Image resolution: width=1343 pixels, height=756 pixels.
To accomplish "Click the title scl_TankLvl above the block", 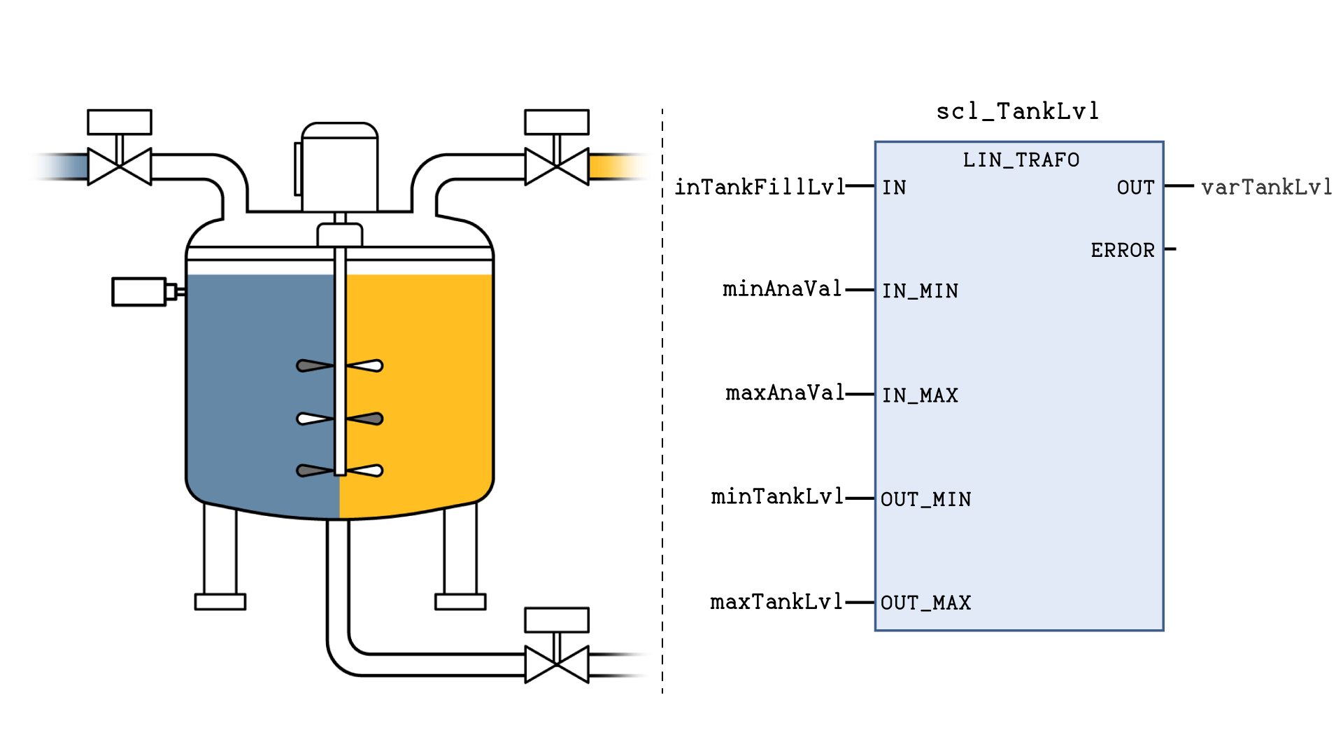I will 1018,111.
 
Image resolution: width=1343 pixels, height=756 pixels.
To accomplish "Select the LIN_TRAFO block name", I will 1021,160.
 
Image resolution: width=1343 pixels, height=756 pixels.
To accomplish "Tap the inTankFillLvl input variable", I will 760,187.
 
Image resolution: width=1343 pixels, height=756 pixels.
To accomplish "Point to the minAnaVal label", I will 782,289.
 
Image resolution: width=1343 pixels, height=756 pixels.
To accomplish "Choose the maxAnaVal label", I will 785,393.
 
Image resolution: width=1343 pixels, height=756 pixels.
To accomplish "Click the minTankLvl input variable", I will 777,497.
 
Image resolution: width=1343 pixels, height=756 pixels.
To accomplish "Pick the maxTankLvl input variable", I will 776,602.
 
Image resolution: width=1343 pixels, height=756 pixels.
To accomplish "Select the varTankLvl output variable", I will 1266,187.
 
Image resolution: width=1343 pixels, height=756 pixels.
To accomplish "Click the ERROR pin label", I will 1122,251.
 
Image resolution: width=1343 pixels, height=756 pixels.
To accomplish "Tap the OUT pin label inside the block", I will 1135,188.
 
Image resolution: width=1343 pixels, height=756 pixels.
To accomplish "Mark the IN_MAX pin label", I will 919,395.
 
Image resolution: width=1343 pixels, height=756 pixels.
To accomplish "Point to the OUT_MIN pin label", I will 925,500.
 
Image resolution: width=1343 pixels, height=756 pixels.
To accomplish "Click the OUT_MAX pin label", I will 925,603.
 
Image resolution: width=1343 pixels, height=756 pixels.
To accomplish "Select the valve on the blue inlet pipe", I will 120,166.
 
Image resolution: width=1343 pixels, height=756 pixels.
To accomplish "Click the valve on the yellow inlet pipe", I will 557,166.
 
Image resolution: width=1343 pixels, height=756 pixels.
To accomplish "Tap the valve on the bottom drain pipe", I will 557,664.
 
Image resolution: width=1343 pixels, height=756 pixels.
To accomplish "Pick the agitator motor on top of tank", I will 339,168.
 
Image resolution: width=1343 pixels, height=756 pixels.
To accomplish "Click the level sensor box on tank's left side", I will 139,292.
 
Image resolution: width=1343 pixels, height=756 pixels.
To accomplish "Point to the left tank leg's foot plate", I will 220,601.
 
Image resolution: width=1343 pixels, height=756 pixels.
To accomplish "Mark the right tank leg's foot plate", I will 460,601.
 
